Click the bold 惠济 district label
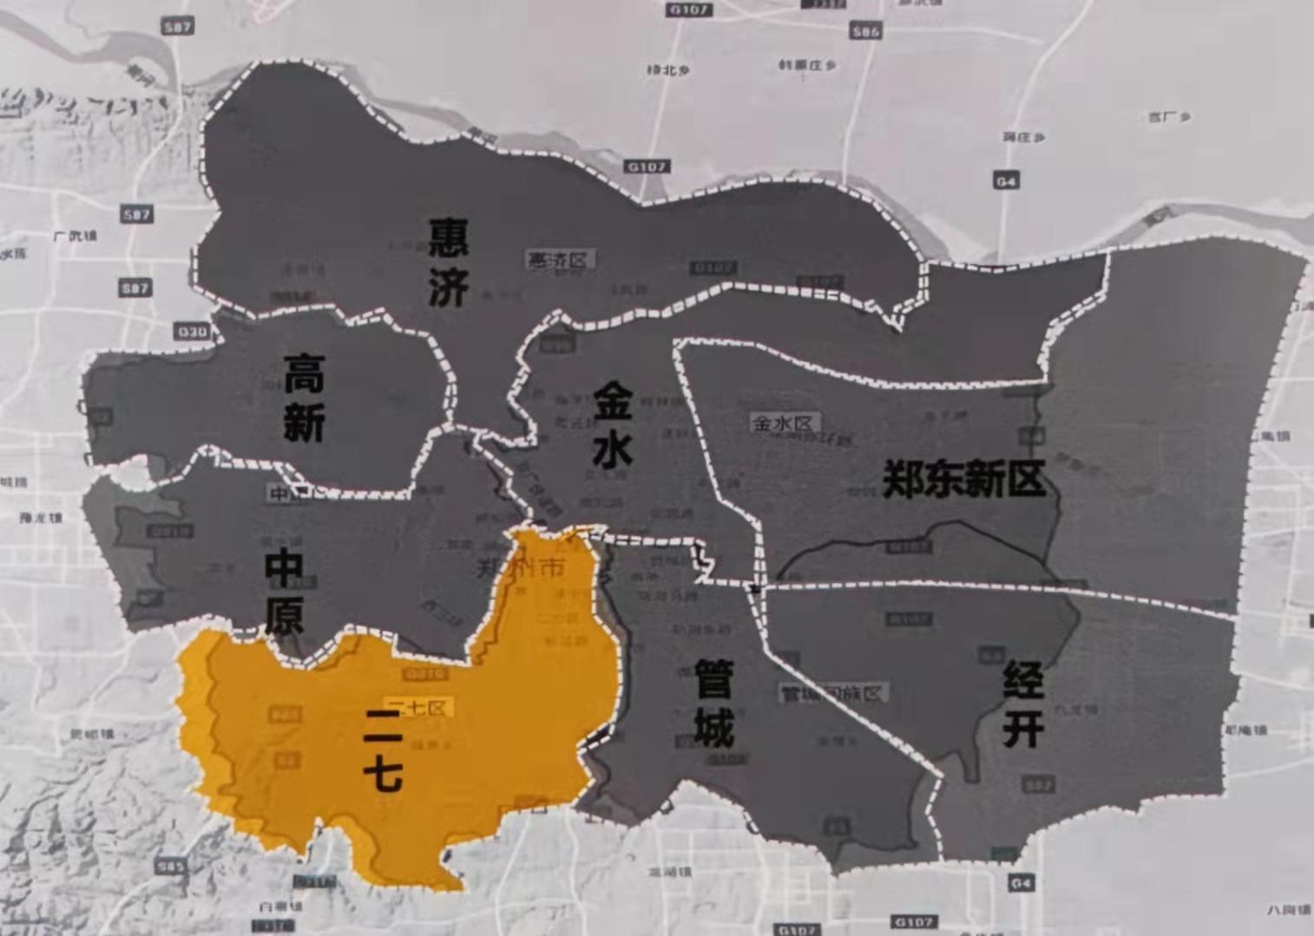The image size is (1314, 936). (448, 261)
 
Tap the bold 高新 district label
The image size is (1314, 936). (304, 398)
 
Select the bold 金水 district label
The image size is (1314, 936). (613, 427)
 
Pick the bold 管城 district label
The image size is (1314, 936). (713, 704)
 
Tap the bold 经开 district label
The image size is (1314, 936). (1022, 704)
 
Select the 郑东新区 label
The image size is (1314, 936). (963, 478)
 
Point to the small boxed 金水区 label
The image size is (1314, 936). (784, 423)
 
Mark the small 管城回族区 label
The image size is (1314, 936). (831, 693)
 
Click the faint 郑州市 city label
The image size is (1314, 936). (521, 569)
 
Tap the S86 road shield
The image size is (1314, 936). (865, 31)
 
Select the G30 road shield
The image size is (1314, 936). (192, 331)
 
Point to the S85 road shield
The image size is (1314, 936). (169, 866)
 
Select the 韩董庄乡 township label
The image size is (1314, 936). (807, 65)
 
